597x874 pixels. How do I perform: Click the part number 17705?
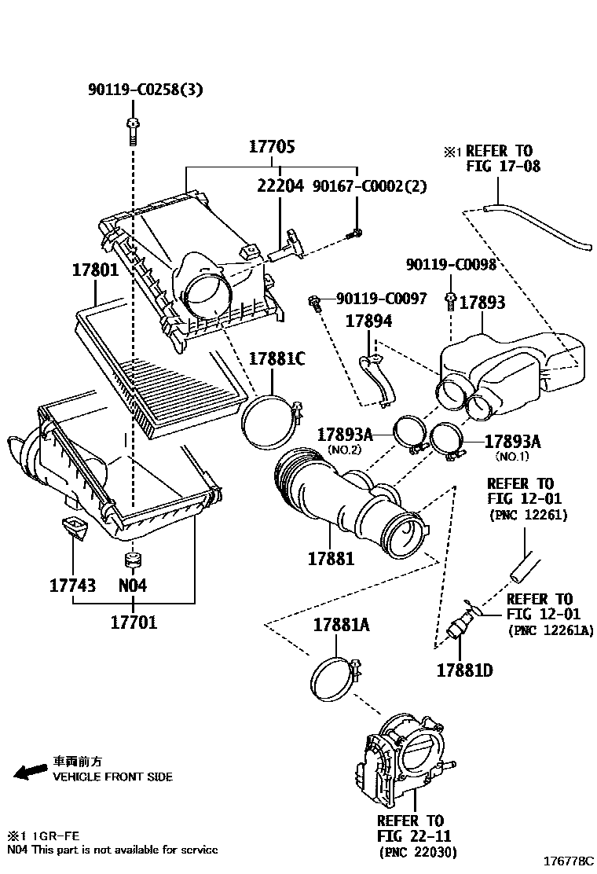pos(273,147)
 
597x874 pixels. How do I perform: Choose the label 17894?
pos(370,321)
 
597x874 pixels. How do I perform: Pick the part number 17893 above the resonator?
pos(482,303)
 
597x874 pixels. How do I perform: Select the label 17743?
pos(72,586)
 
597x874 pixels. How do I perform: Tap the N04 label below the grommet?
pos(132,586)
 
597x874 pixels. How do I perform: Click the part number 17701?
pos(133,622)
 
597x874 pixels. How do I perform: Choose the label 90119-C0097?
pos(382,299)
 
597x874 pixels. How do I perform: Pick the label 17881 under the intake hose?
pos(330,558)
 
